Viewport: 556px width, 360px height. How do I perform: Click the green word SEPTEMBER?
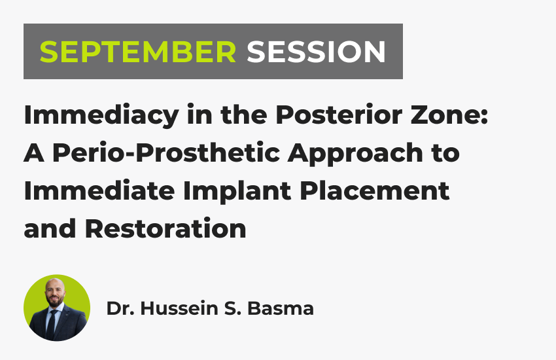pos(137,52)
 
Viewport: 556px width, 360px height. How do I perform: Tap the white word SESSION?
pos(317,52)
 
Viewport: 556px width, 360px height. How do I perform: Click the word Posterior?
pos(339,114)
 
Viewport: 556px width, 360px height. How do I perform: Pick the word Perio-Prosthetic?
pos(166,153)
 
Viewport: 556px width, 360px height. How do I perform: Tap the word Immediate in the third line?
pos(99,191)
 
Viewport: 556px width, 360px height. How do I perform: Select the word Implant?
pos(237,192)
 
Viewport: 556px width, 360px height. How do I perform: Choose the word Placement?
pos(374,191)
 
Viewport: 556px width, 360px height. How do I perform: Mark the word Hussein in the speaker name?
pos(179,308)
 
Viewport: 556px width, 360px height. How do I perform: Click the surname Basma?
pos(281,308)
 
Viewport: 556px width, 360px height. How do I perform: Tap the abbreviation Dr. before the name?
pos(120,308)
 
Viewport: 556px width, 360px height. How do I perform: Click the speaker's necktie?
pos(52,324)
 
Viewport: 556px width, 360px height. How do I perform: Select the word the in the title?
pos(244,115)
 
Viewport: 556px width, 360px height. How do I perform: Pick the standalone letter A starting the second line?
pos(34,153)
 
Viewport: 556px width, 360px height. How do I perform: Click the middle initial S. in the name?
pos(233,308)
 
